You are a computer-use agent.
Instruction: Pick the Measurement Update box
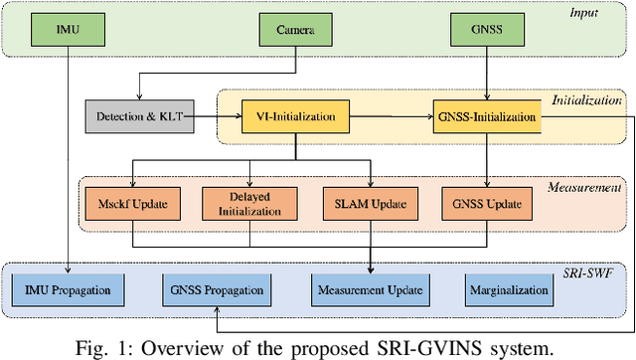(370, 289)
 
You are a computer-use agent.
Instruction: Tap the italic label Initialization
(586, 100)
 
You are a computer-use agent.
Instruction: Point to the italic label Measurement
(585, 186)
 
